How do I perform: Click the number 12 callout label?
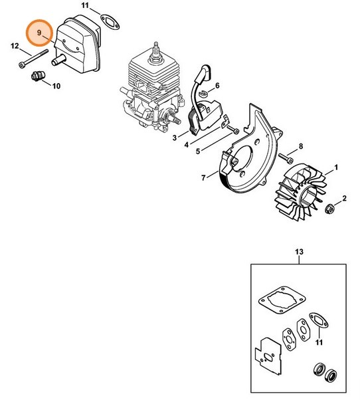14,45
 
